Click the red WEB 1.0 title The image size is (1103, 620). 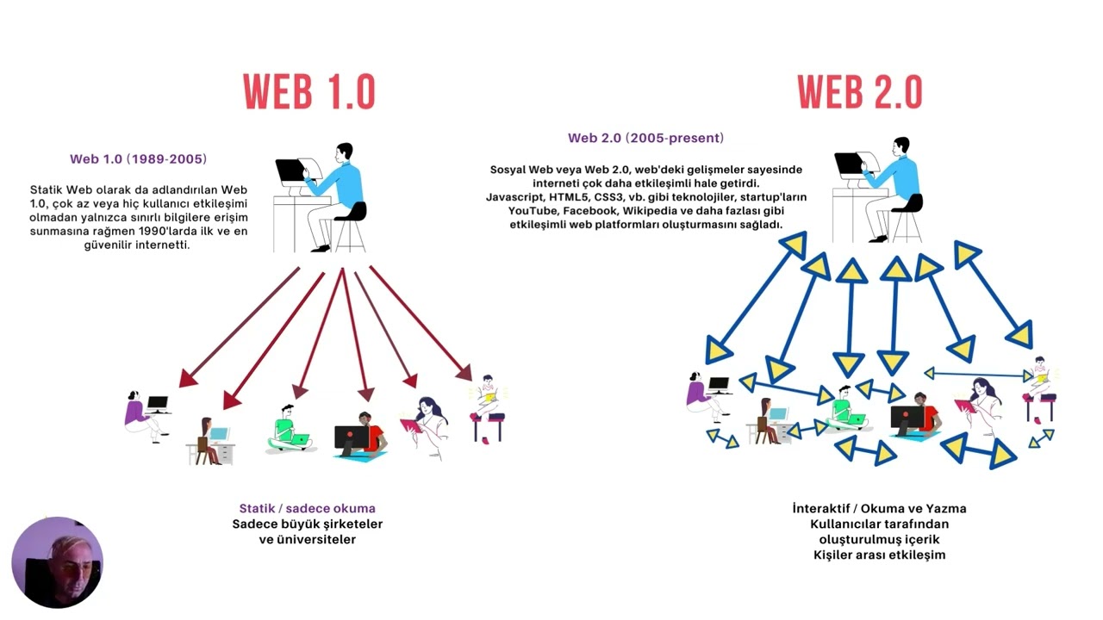308,92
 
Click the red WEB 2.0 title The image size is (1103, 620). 859,92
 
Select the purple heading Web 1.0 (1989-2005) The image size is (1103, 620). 139,159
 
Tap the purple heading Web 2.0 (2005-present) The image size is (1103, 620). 645,138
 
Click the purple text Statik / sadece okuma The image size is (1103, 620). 307,508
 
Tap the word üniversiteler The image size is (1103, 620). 308,539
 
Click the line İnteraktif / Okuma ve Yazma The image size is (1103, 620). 879,508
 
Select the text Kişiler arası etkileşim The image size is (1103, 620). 879,555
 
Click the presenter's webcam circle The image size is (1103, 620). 57,562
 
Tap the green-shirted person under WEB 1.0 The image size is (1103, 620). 288,429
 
